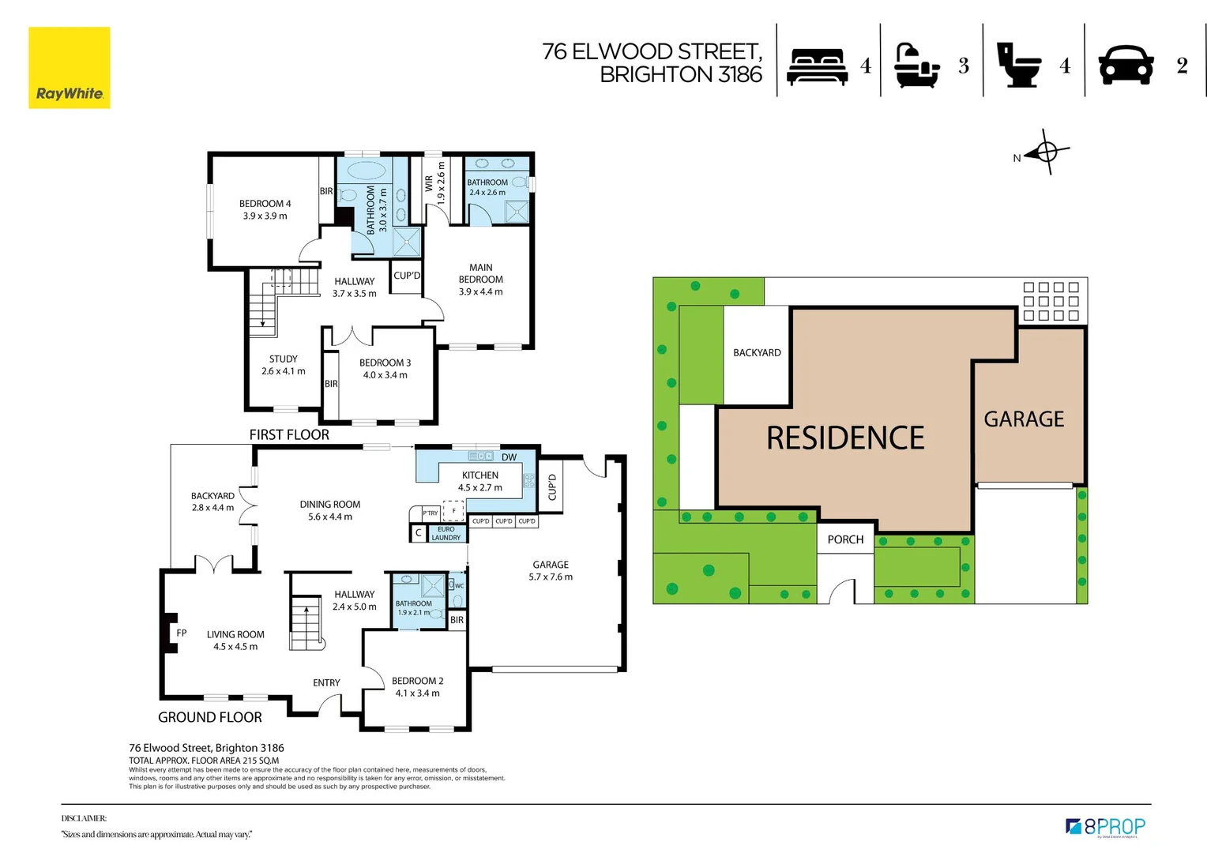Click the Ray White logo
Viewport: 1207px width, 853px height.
(70, 68)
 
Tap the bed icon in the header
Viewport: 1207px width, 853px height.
(818, 66)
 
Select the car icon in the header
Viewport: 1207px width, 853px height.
(1126, 65)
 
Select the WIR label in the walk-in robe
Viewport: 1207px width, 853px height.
(429, 183)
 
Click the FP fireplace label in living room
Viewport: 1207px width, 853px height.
(182, 633)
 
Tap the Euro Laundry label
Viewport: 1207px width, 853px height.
(446, 534)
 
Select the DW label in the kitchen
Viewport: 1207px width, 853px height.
(509, 457)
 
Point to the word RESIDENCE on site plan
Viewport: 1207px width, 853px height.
(844, 438)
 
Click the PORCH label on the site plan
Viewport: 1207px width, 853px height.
(845, 539)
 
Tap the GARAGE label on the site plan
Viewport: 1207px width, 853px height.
(1024, 419)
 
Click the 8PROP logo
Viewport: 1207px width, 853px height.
(1105, 827)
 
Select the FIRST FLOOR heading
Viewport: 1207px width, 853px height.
(289, 435)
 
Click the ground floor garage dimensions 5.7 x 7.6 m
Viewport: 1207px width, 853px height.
(551, 577)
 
